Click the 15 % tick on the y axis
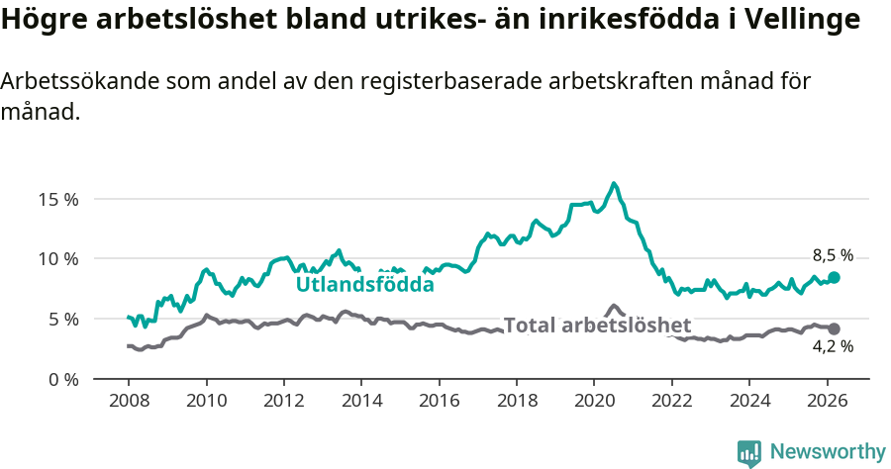click(x=58, y=199)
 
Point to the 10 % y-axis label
click(x=58, y=259)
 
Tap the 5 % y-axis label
click(x=62, y=320)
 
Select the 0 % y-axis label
click(x=62, y=380)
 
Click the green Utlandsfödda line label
click(x=365, y=285)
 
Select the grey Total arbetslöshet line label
click(x=597, y=326)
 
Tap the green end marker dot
click(x=834, y=278)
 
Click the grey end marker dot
click(x=834, y=328)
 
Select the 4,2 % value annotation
click(x=833, y=347)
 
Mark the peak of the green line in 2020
click(x=614, y=183)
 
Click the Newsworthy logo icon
click(x=749, y=453)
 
